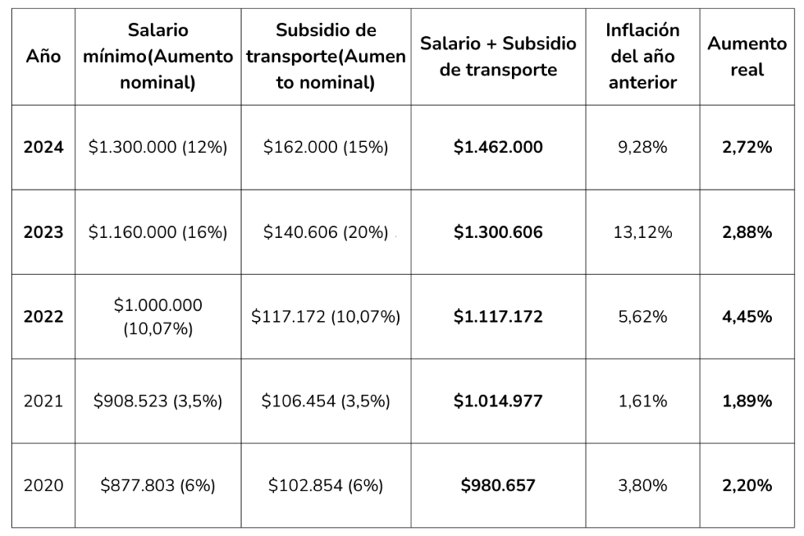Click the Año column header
[43, 57]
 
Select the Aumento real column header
[747, 57]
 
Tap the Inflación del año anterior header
[642, 57]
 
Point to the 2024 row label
[43, 147]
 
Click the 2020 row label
[43, 486]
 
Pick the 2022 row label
[43, 316]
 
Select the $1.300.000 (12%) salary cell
[158, 147]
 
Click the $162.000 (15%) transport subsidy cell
[326, 147]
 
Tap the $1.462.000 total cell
[498, 147]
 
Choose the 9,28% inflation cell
[642, 147]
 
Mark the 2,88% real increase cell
[747, 232]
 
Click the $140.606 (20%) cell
[326, 232]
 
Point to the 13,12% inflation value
[642, 232]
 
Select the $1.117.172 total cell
[498, 316]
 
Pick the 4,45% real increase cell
[747, 316]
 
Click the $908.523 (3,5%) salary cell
[158, 401]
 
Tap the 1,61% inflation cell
[642, 401]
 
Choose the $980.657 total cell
[498, 486]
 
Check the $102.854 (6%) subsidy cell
[326, 486]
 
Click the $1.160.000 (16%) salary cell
[158, 232]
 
